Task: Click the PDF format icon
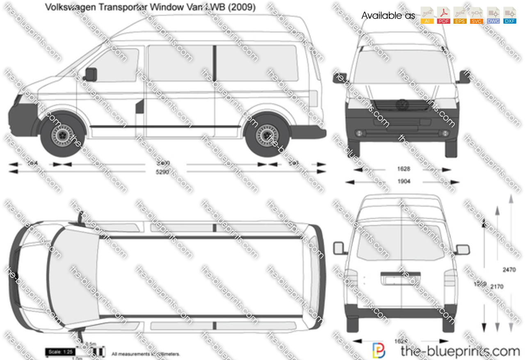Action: point(443,15)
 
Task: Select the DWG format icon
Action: point(493,15)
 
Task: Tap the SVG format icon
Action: point(476,15)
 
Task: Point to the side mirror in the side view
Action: point(91,74)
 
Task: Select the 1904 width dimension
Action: point(404,182)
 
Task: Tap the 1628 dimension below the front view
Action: point(404,169)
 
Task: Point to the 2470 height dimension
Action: point(509,270)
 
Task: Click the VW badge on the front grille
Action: point(401,105)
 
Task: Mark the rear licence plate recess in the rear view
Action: point(400,279)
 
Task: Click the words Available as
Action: point(388,16)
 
